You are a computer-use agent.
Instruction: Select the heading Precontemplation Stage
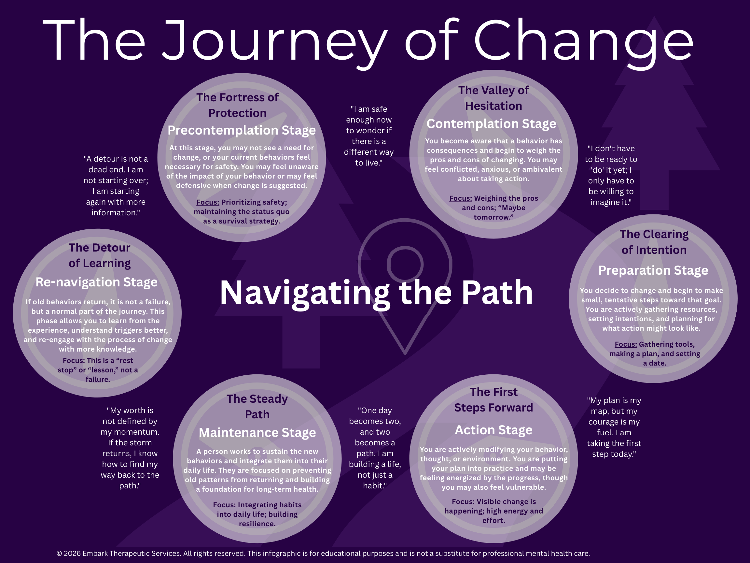tap(242, 130)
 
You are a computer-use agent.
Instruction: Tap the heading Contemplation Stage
tap(491, 124)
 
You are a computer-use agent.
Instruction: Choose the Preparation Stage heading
tap(653, 270)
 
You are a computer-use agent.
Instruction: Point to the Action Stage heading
tap(493, 430)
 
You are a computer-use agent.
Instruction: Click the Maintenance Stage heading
tap(257, 433)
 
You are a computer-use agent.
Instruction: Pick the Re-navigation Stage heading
tap(97, 282)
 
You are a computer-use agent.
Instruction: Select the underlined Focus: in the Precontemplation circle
tap(207, 202)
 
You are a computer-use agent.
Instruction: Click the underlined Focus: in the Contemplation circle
tap(460, 198)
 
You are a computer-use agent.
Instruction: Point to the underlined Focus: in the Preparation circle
tap(626, 344)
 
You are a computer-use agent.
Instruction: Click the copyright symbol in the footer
tap(59, 554)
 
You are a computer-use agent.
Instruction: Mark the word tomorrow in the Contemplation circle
tap(492, 217)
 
